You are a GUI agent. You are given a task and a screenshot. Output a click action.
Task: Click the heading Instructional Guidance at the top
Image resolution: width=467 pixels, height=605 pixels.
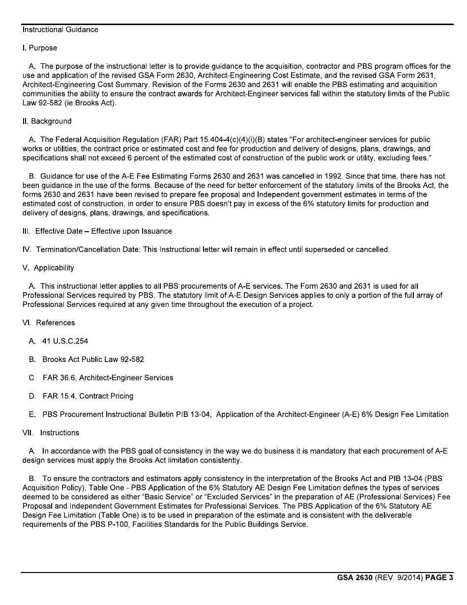point(60,30)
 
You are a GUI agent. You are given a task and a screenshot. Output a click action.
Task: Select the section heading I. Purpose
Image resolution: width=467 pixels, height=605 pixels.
point(40,48)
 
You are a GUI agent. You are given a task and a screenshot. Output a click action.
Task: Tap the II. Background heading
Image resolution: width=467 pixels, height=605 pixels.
point(47,121)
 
